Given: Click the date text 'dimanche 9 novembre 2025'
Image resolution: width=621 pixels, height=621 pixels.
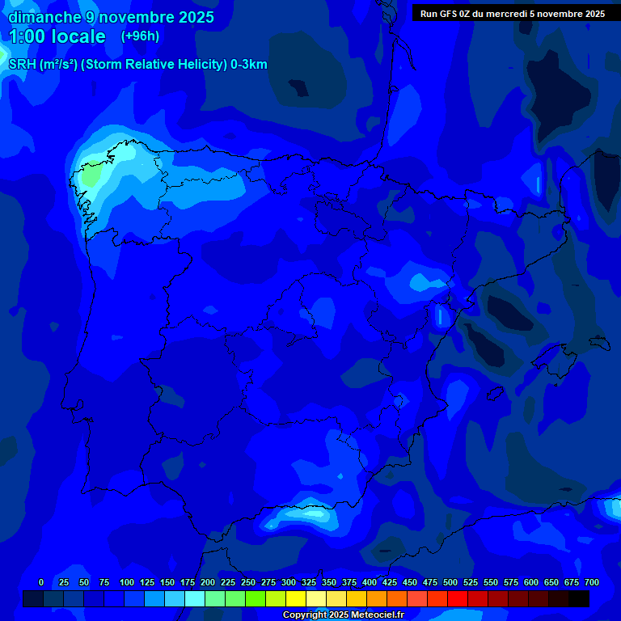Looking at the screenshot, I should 111,17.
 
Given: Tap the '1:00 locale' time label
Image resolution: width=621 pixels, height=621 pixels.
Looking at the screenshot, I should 57,36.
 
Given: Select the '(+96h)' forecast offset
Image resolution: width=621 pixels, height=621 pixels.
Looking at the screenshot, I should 140,36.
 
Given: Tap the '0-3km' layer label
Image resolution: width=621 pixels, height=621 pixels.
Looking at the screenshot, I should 249,65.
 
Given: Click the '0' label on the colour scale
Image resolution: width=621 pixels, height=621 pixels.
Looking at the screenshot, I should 41,582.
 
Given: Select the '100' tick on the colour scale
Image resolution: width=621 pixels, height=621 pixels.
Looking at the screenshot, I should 127,582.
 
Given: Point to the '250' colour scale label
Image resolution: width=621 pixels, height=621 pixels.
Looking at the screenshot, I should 248,582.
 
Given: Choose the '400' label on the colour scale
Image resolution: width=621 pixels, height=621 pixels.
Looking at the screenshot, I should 370,582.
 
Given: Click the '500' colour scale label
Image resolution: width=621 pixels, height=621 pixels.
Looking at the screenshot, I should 450,582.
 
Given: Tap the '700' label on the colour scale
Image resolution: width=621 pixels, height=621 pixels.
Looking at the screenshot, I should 592,582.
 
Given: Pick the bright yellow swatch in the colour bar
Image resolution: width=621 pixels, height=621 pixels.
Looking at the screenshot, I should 296,598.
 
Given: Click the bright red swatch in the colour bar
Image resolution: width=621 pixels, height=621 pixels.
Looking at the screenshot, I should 458,598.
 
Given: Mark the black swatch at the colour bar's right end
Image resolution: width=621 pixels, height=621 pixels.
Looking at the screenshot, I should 579,598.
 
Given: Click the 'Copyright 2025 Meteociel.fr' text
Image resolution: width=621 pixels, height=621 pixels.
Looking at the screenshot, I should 343,615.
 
